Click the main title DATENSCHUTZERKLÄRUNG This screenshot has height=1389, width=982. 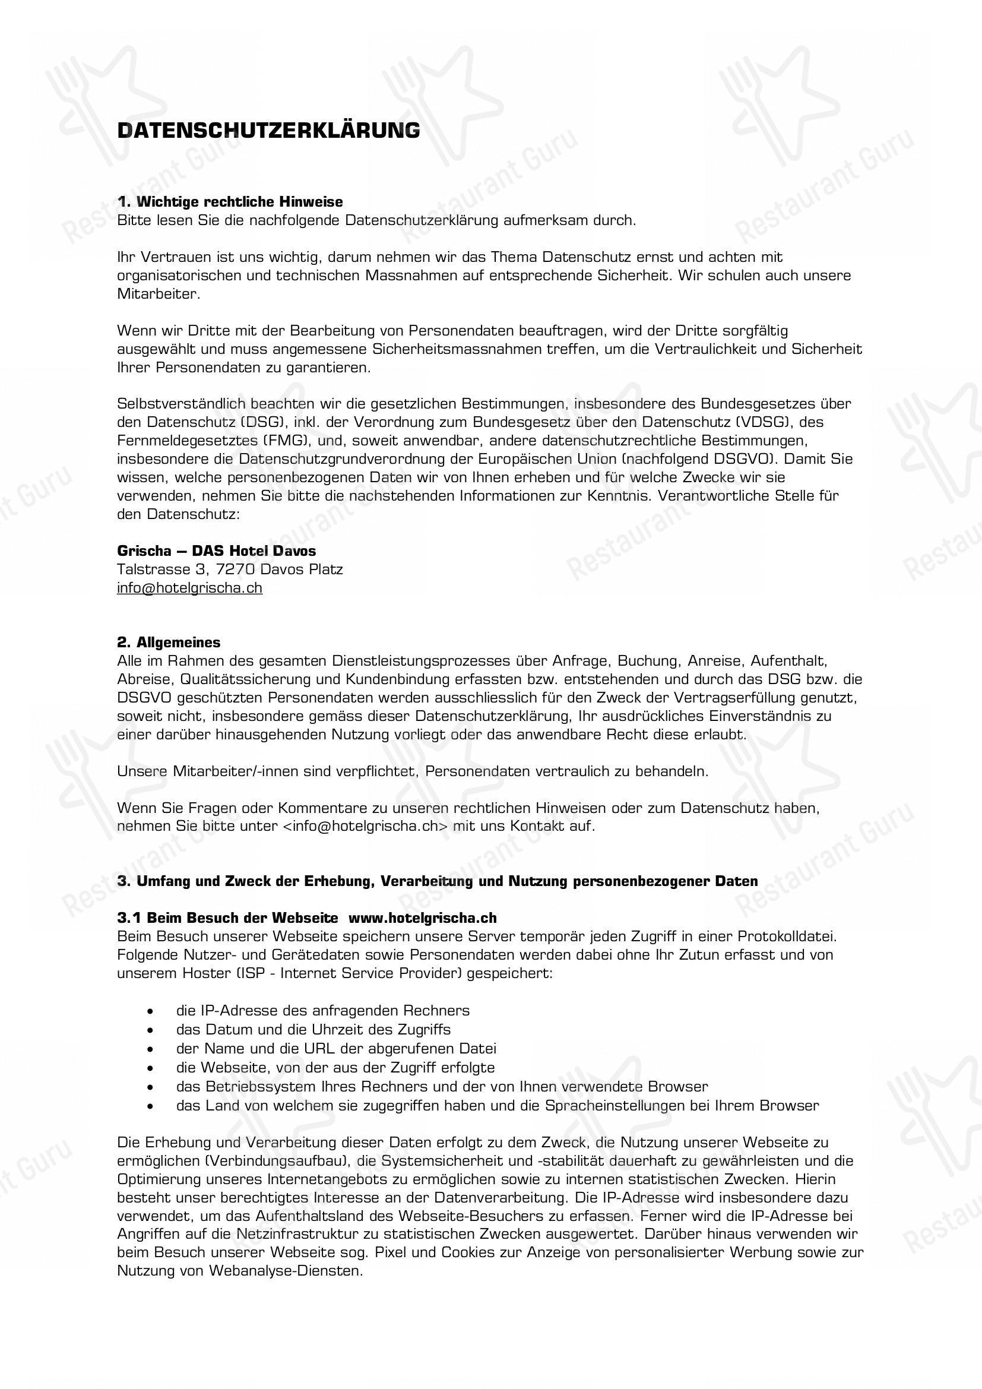point(268,131)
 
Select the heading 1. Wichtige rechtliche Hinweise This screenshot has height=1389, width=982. point(230,201)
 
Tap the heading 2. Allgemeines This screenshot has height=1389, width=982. point(169,642)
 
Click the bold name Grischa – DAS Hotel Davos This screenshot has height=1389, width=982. point(216,550)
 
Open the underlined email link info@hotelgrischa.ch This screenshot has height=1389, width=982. point(189,587)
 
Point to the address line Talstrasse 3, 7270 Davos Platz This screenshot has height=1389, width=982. point(230,569)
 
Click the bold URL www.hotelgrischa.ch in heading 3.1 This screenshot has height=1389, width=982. point(423,917)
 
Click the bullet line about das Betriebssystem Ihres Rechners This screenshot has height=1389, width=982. point(441,1086)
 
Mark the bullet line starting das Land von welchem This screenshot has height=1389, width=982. point(497,1105)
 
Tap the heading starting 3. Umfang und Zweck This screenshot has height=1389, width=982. point(436,881)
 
